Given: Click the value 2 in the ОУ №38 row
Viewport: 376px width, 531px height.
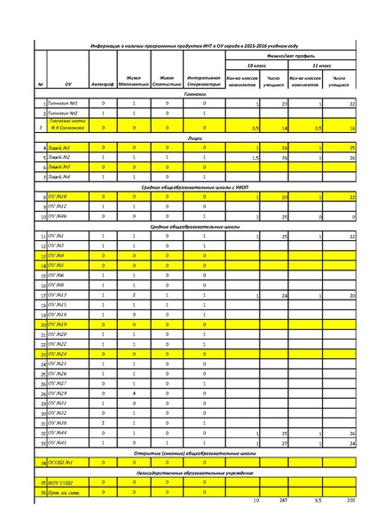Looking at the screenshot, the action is pos(103,422).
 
